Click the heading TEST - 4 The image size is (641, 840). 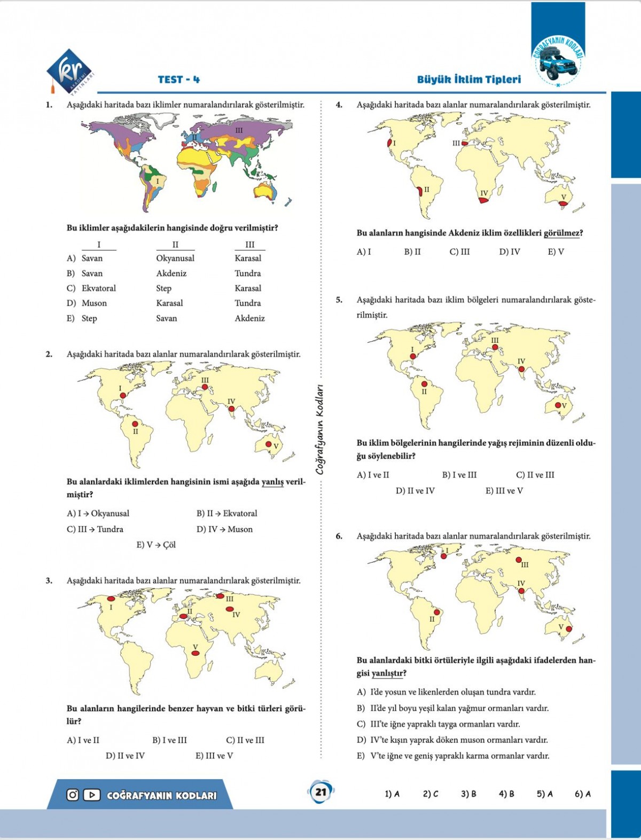179,80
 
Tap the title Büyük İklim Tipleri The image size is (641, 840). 468,80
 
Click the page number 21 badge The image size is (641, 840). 320,791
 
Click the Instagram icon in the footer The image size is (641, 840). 73,795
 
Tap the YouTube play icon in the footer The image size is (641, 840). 91,795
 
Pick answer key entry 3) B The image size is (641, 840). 468,794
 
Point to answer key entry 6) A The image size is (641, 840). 582,794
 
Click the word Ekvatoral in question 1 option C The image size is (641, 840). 99,288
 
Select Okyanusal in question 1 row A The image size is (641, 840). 175,258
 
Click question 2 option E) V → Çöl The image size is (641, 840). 156,545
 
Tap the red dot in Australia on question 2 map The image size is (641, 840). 269,444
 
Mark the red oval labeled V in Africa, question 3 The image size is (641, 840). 196,653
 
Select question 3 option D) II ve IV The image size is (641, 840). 125,756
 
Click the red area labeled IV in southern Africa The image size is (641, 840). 483,200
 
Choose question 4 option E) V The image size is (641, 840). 556,252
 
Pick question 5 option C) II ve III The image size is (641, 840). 535,475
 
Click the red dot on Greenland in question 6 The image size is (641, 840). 443,556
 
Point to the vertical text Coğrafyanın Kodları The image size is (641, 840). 320,430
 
